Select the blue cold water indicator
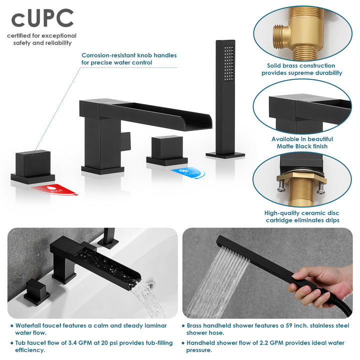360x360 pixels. [x=186, y=172]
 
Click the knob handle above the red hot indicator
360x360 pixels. [x=33, y=161]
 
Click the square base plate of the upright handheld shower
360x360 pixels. [x=224, y=155]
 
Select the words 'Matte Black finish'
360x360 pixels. [x=302, y=146]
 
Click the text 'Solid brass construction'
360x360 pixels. [x=301, y=65]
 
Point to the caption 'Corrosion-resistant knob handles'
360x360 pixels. [x=129, y=55]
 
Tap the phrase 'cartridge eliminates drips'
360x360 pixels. [x=302, y=220]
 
